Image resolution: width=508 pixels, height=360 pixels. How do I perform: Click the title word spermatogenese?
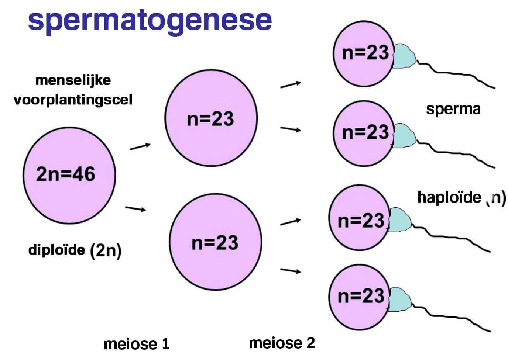point(150,20)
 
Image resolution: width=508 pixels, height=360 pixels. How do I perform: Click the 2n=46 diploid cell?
point(69,175)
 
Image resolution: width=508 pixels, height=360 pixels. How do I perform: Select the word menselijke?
point(73,80)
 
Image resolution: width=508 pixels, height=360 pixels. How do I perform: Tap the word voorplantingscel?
point(73,100)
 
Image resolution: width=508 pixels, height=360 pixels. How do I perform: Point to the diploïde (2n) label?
point(75,250)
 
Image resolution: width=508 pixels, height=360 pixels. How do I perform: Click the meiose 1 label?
point(136,344)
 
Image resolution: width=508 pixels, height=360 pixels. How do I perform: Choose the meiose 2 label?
point(282,343)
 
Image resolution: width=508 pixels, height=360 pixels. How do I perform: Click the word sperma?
point(453,109)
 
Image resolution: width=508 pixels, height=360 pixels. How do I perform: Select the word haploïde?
point(449,197)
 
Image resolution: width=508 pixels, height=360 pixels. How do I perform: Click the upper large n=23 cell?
point(211,118)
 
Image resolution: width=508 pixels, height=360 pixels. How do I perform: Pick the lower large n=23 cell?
point(215,242)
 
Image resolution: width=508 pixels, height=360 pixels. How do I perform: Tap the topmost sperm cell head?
point(364,53)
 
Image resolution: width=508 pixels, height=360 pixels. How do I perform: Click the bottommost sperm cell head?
point(359,297)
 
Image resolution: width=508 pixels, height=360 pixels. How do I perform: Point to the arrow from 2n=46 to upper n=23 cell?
point(140,146)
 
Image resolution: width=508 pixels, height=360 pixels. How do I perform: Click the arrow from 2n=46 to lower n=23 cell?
point(135,209)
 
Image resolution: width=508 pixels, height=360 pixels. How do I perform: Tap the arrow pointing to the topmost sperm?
point(291,85)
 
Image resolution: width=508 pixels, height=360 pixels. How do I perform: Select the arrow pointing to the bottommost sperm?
point(291,271)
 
